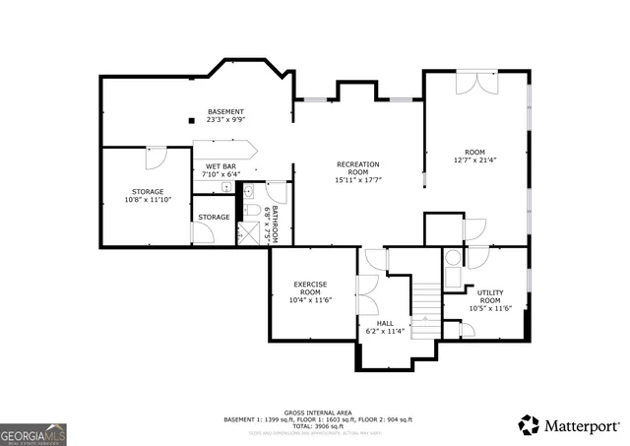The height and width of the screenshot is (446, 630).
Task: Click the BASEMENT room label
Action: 225,111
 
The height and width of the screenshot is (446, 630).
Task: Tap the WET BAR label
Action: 220,166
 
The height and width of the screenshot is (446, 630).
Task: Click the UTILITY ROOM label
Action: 489,296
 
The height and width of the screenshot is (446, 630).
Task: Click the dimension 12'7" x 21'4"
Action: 476,159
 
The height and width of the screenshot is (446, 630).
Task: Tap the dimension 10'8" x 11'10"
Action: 148,200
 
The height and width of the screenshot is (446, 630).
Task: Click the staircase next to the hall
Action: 424,308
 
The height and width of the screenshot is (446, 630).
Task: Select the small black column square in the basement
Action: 191,121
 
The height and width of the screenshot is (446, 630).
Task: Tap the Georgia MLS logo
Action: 33,432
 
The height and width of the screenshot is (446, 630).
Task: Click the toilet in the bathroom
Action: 251,211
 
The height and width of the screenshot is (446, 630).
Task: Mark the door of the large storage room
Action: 156,159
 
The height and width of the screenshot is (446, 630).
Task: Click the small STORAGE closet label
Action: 214,217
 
